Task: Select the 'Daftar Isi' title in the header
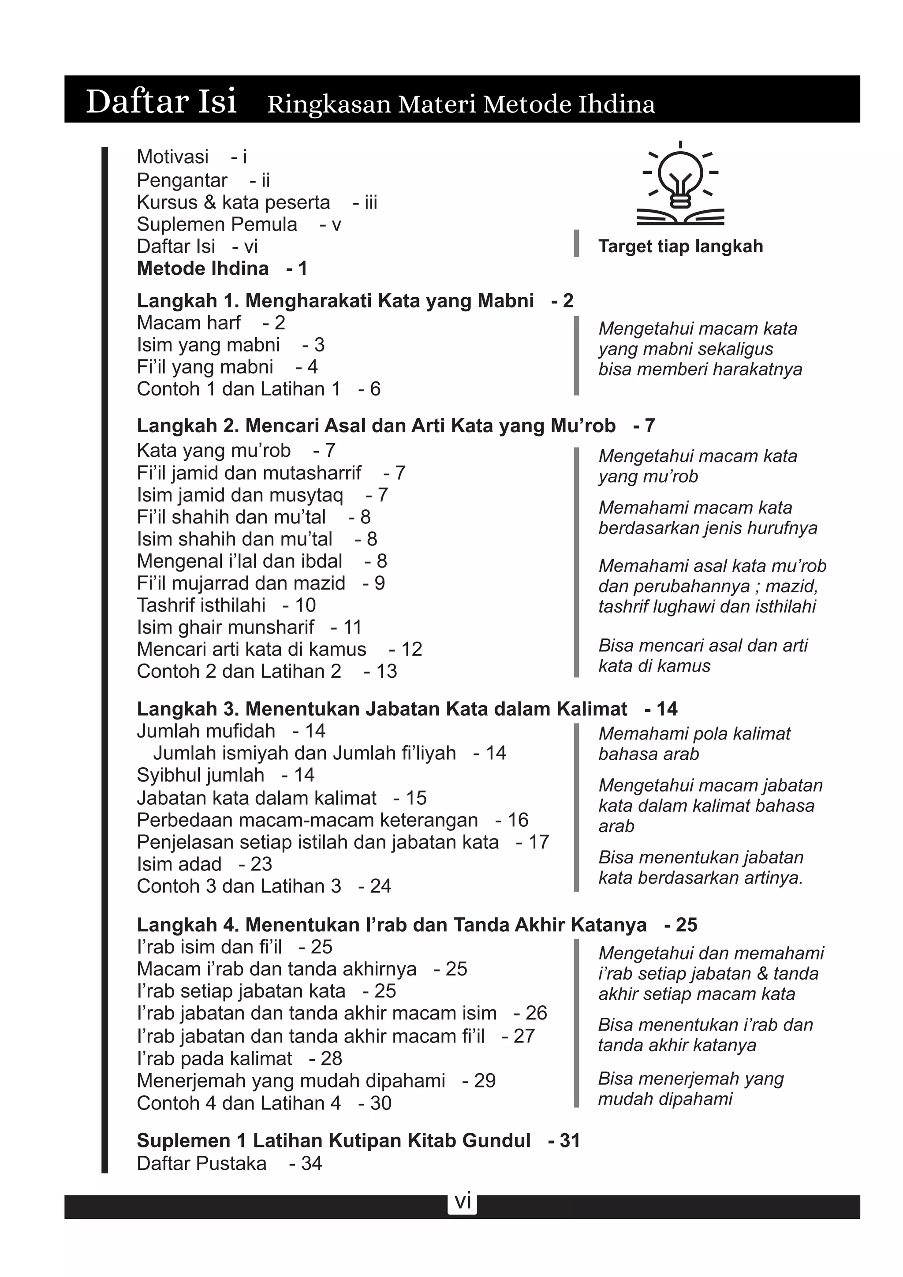coord(161,101)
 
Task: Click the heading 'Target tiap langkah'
coord(680,246)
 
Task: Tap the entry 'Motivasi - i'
coord(191,157)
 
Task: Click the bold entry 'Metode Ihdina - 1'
coord(222,269)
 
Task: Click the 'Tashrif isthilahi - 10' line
coord(226,605)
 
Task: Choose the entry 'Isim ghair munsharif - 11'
coord(249,627)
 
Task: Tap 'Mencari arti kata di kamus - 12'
coord(279,649)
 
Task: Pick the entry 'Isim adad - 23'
coord(204,864)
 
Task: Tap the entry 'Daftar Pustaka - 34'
coord(229,1164)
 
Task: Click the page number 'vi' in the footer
coord(463,1201)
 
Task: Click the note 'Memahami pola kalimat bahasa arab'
coord(694,743)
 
